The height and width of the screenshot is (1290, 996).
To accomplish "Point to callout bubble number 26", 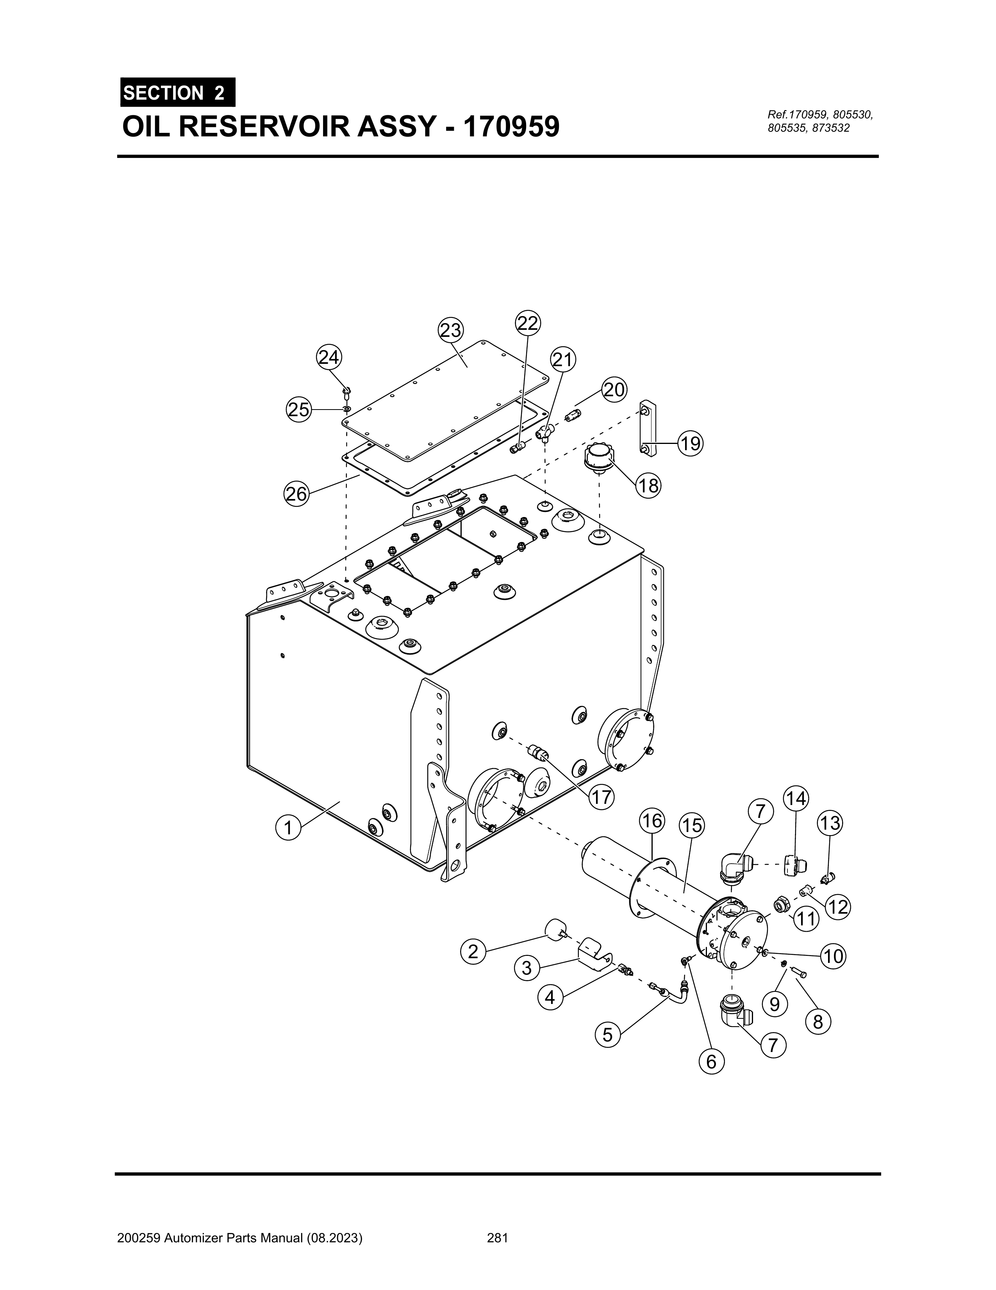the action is tap(296, 493).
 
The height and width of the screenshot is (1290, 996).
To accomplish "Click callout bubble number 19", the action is tap(690, 443).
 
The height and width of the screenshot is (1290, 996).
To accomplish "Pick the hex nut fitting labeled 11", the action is tap(782, 904).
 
